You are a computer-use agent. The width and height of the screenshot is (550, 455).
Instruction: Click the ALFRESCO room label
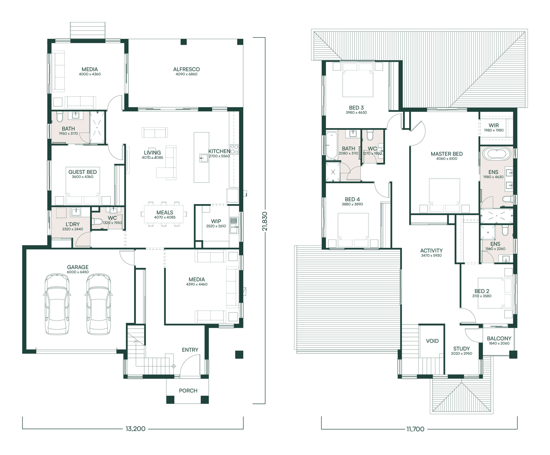(x=186, y=69)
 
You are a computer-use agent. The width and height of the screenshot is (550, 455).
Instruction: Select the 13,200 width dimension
(x=135, y=429)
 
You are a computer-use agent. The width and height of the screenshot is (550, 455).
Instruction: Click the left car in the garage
(x=57, y=304)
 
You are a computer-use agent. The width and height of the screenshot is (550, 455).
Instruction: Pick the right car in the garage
(x=98, y=304)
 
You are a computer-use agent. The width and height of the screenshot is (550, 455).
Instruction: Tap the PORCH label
(x=188, y=390)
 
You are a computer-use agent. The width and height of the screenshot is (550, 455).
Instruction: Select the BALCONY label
(x=499, y=338)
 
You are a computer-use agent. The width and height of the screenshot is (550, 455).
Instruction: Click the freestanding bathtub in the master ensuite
(x=497, y=154)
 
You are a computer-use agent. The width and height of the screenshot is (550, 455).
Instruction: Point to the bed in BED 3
(x=357, y=80)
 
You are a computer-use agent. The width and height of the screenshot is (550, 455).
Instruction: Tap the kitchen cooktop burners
(x=234, y=149)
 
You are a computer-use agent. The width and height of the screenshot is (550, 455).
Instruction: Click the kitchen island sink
(x=203, y=158)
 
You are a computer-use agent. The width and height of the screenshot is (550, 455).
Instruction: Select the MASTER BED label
(x=446, y=154)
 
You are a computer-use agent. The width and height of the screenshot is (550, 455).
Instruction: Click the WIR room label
(x=494, y=125)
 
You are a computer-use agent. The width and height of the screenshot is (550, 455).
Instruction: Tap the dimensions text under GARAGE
(x=78, y=272)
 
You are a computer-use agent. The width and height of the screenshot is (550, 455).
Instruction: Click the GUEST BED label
(x=82, y=172)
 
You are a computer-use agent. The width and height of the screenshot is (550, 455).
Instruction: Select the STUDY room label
(x=461, y=349)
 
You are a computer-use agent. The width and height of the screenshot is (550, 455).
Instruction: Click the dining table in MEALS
(x=164, y=214)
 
